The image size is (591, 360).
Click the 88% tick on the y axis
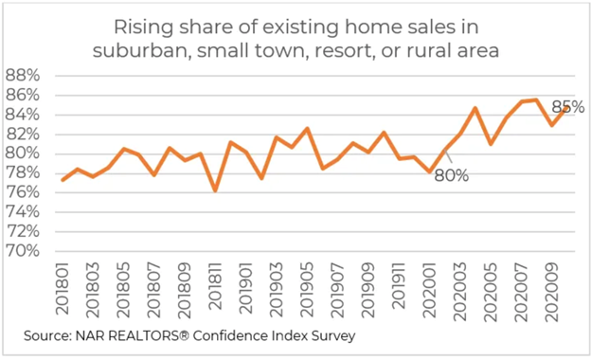tap(22, 76)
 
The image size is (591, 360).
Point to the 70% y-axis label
tap(22, 251)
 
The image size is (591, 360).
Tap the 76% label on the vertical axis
tap(22, 192)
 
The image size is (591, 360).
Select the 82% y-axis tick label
tap(22, 134)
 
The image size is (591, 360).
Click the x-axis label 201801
tap(63, 289)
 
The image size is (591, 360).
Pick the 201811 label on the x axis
tap(216, 286)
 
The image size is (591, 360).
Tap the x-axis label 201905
tap(308, 290)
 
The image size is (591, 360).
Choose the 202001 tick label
tap(430, 290)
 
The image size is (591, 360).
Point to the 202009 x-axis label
tap(552, 292)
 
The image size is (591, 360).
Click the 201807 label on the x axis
tap(154, 290)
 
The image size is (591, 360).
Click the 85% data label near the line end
tap(568, 107)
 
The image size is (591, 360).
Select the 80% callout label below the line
tap(452, 175)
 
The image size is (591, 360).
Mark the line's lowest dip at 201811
tap(215, 190)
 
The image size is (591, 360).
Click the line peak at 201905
tap(308, 129)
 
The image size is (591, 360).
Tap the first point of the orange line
tap(63, 180)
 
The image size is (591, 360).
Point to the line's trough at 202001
tap(430, 171)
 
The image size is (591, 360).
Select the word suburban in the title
tap(139, 50)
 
